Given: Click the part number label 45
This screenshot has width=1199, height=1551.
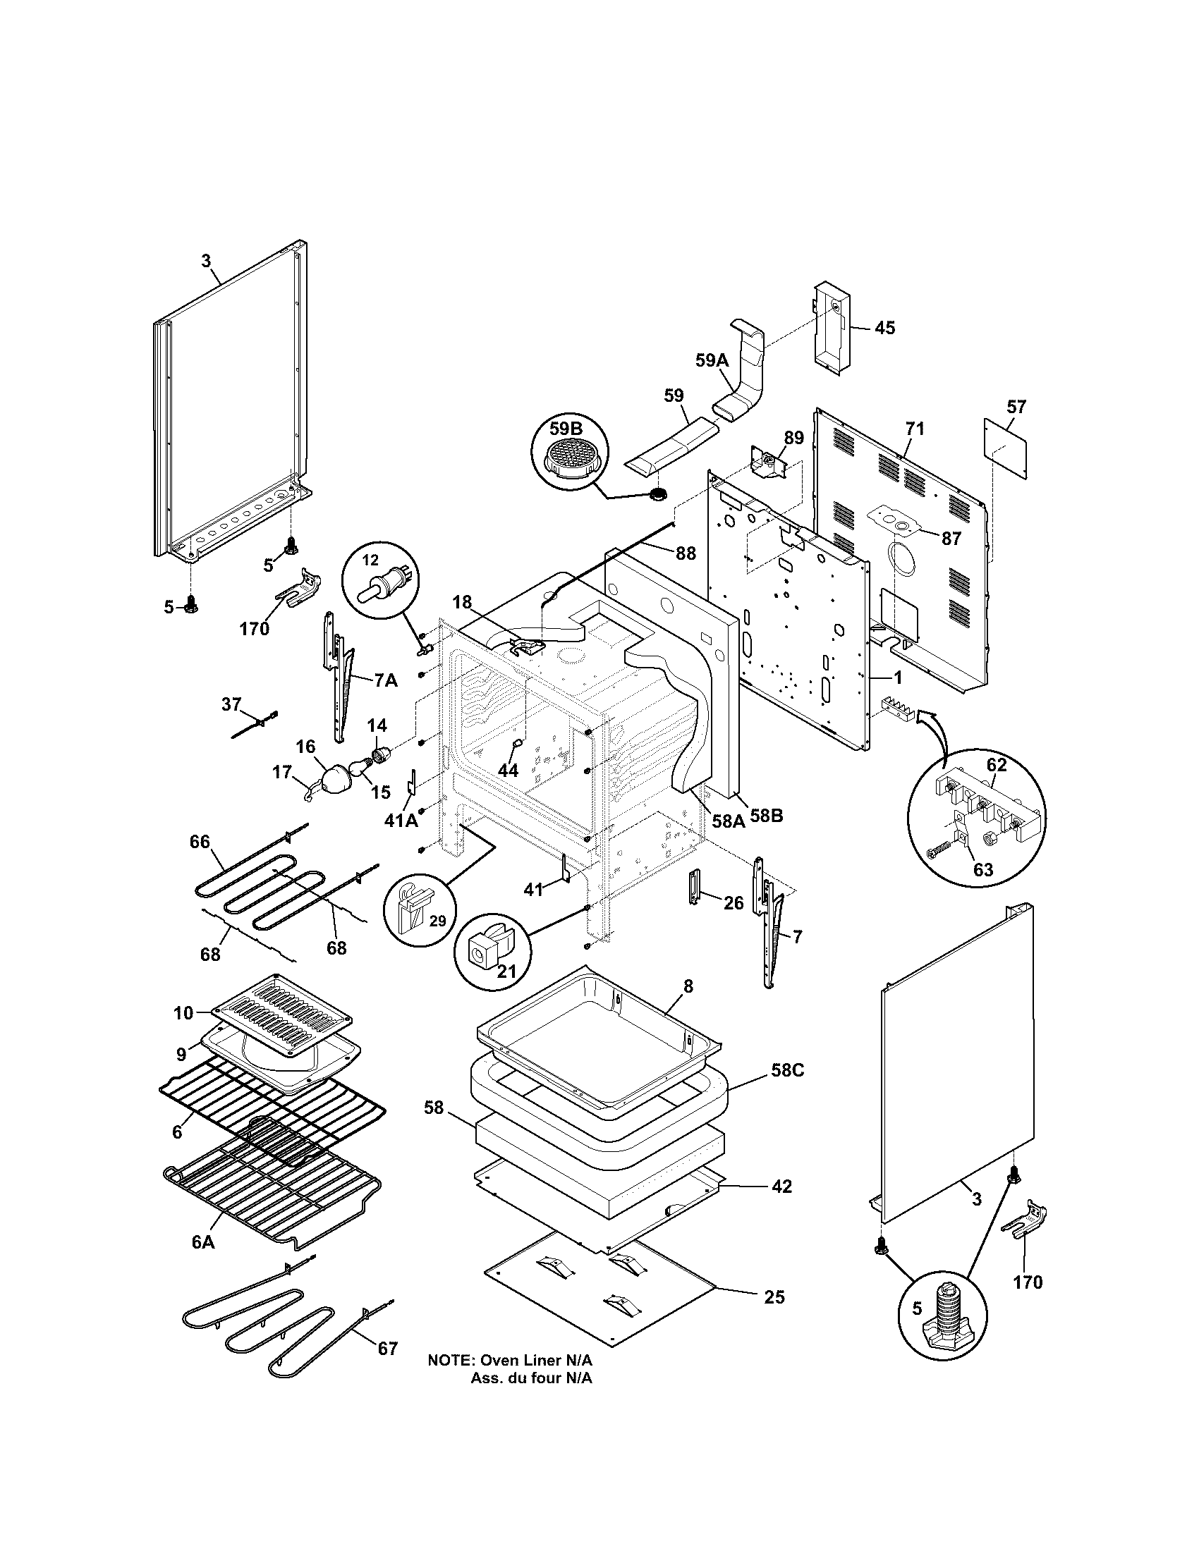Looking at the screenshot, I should [884, 328].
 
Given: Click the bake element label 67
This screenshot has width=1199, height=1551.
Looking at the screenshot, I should [387, 1349].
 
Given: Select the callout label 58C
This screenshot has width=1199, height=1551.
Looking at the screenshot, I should [788, 1090].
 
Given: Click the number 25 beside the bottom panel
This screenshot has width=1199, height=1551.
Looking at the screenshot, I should [774, 1297].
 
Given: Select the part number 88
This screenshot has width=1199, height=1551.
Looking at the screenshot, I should [685, 553].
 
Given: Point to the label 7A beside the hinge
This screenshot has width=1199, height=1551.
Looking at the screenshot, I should [386, 680].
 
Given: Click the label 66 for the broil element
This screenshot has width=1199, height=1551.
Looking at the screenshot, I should [200, 842].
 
